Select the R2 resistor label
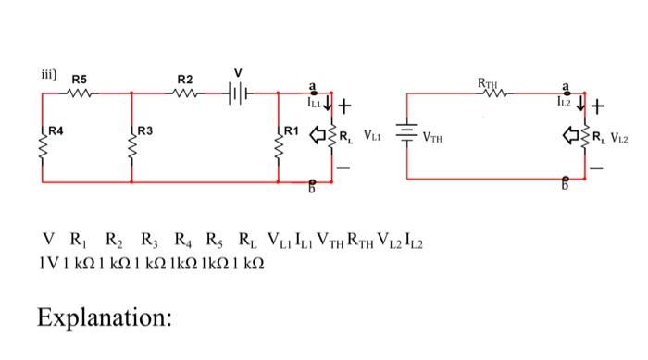click(x=185, y=79)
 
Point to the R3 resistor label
click(x=145, y=130)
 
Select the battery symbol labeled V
click(x=239, y=93)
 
